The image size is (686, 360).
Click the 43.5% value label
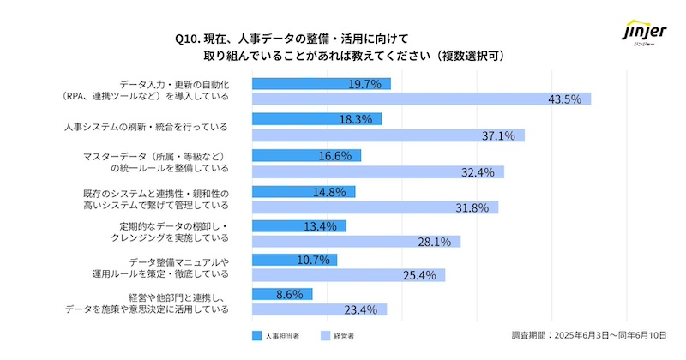(564, 99)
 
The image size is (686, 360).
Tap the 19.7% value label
(365, 84)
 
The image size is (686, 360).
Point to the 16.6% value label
(335, 155)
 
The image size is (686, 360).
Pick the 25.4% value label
(418, 276)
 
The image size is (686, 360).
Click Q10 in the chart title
(187, 39)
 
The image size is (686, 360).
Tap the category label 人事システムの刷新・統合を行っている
(147, 127)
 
